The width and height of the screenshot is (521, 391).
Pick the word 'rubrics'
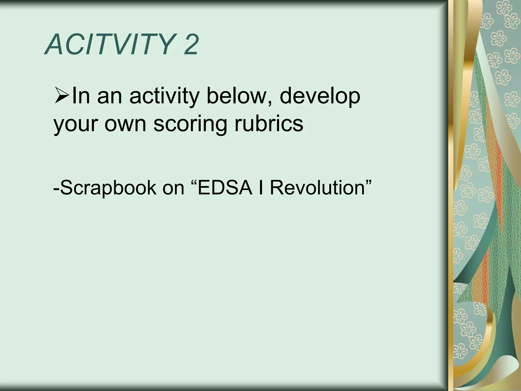(x=269, y=124)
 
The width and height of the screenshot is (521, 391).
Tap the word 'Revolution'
(x=317, y=187)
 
